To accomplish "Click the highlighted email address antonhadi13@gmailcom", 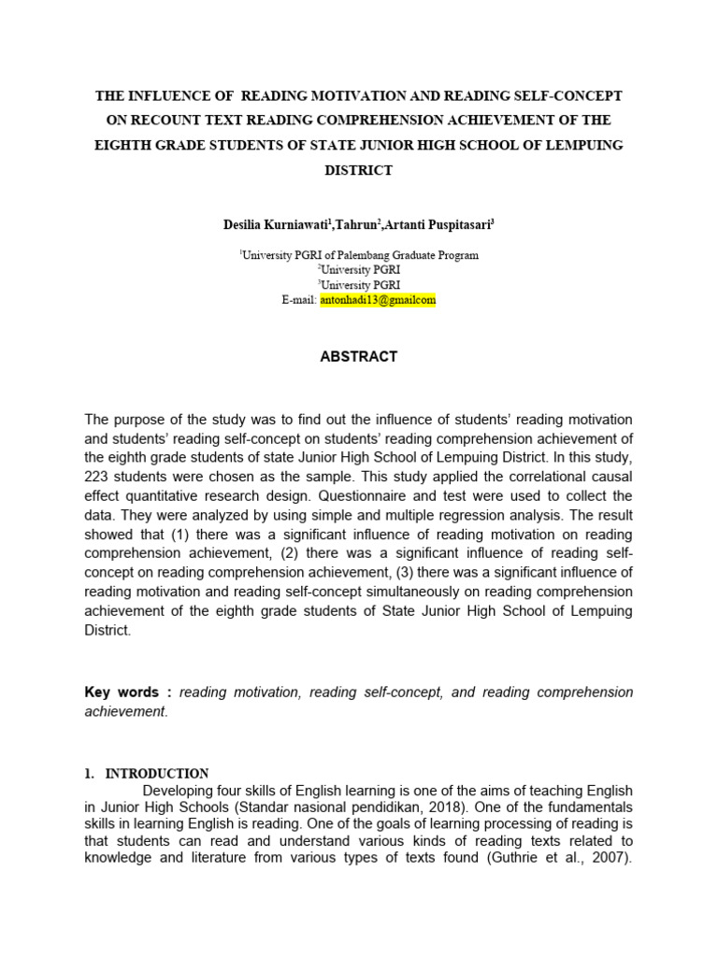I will coord(378,300).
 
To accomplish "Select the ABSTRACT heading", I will coord(359,356).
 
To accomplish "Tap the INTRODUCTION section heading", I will coord(156,774).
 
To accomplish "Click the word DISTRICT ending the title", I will coord(358,170).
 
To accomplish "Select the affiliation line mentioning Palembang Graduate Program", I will coord(359,255).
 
